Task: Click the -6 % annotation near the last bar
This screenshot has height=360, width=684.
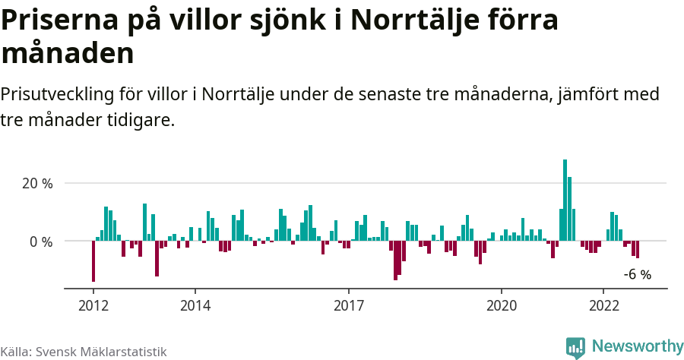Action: point(637,275)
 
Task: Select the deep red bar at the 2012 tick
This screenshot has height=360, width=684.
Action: point(93,261)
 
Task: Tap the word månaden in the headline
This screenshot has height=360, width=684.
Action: point(68,53)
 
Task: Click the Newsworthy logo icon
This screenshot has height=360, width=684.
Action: point(575,347)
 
